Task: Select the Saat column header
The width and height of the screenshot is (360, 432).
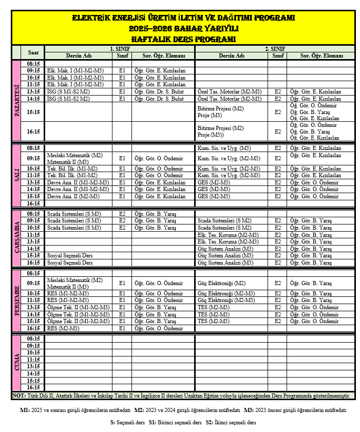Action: click(x=33, y=52)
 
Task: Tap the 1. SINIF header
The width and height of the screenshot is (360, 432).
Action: click(x=119, y=48)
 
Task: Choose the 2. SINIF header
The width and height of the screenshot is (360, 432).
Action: click(x=275, y=48)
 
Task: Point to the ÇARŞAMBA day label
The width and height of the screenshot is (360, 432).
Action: click(x=16, y=238)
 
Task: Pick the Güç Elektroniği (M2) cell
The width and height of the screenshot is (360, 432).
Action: click(x=221, y=283)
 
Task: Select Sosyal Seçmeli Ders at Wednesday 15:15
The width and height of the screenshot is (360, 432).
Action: click(x=69, y=255)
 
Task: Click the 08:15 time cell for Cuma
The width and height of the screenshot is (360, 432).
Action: click(x=33, y=339)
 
